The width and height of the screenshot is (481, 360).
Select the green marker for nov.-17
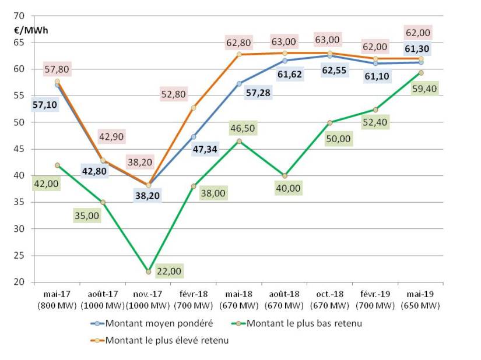click(x=149, y=271)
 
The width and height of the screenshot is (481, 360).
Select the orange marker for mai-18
click(x=239, y=55)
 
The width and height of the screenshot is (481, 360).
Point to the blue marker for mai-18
click(x=239, y=83)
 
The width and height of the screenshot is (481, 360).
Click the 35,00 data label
click(x=87, y=216)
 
